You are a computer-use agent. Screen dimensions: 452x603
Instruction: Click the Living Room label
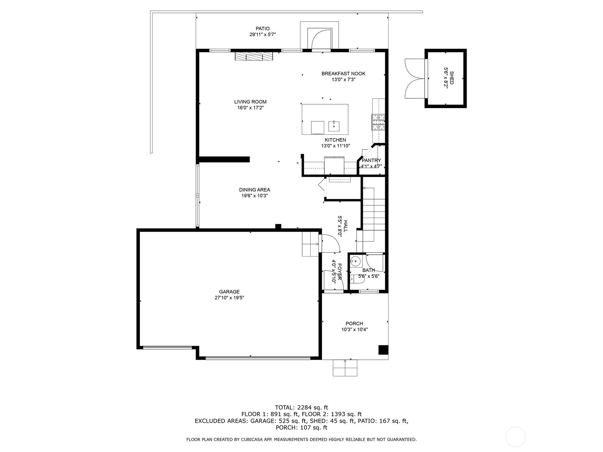pyautogui.click(x=250, y=102)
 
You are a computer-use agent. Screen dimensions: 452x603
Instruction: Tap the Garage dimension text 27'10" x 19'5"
pyautogui.click(x=229, y=298)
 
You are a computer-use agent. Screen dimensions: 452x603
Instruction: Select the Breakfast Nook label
pyautogui.click(x=343, y=73)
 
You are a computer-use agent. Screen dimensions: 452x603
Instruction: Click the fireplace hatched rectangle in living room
pyautogui.click(x=254, y=56)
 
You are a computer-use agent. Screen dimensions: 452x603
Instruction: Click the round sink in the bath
pyautogui.click(x=355, y=261)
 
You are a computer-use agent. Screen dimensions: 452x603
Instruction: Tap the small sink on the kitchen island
pyautogui.click(x=334, y=126)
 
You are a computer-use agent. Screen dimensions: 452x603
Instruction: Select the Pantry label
pyautogui.click(x=371, y=160)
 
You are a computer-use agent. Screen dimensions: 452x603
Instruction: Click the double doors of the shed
pyautogui.click(x=414, y=78)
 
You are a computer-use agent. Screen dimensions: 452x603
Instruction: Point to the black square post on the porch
pyautogui.click(x=383, y=350)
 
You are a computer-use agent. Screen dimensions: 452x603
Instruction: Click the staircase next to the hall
pyautogui.click(x=373, y=215)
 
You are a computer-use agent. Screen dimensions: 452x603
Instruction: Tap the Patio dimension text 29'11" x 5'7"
pyautogui.click(x=263, y=35)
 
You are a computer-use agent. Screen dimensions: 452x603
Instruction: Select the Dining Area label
pyautogui.click(x=254, y=190)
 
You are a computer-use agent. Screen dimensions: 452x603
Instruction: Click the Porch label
pyautogui.click(x=354, y=324)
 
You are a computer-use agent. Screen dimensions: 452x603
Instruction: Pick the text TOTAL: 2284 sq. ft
pyautogui.click(x=301, y=407)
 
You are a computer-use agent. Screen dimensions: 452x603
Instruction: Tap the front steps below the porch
pyautogui.click(x=345, y=368)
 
